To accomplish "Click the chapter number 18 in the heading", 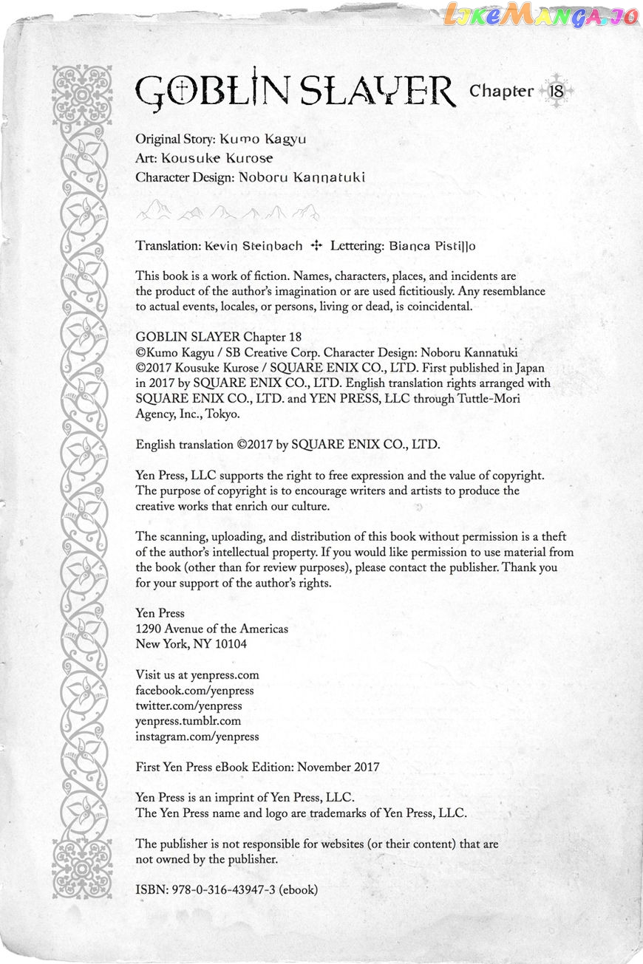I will coord(557,92).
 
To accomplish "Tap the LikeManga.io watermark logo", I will coord(540,16).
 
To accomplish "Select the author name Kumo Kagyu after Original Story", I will coord(262,139).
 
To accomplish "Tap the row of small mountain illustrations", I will coord(228,213).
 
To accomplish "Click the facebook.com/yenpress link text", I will coord(194,690).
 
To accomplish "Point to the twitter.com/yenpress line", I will coord(188,705).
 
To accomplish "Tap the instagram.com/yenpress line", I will coord(197,736).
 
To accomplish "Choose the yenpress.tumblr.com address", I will coord(188,721).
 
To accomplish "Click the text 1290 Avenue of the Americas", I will coord(212,629).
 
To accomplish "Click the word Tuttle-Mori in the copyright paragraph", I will coord(520,399).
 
